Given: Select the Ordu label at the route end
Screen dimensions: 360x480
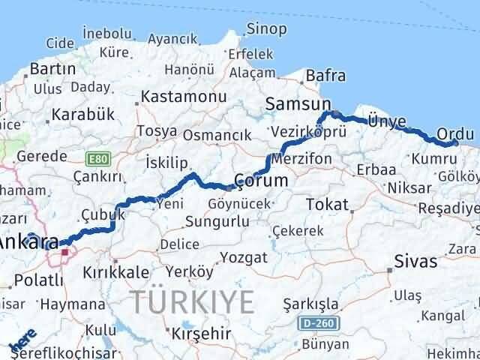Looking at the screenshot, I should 454,133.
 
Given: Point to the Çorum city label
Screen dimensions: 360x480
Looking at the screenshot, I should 261,181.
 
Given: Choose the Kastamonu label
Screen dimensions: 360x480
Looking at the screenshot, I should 184,97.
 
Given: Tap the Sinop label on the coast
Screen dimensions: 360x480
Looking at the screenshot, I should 266,29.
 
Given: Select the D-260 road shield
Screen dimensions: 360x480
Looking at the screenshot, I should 324,324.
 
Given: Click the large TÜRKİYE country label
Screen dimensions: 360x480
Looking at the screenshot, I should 193,301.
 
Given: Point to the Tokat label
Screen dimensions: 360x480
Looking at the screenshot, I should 327,204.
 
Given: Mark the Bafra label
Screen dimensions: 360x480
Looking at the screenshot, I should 325,76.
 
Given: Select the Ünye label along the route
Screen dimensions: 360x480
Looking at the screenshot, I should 387,121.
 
